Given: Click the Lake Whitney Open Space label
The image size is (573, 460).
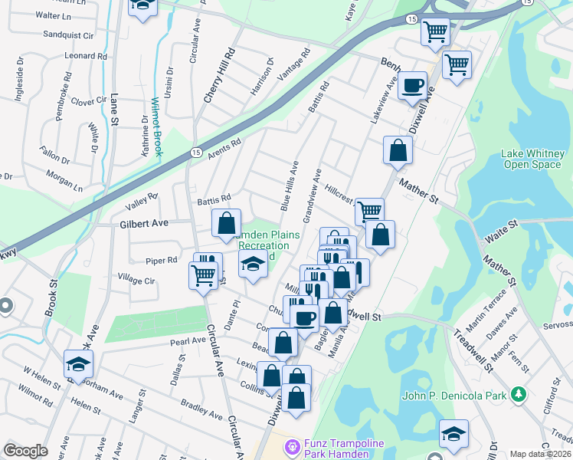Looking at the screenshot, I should pos(532,159).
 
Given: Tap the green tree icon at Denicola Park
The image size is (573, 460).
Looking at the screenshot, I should pos(519,394).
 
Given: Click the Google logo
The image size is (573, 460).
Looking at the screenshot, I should pos(25,451).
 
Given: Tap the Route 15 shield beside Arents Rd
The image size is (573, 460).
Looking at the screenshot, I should pos(196,153).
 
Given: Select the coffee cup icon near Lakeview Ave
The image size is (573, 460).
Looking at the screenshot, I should pos(413,86).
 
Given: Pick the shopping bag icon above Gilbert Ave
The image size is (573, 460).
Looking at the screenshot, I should pos(226,224).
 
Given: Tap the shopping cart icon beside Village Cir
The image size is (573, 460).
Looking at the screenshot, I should pos(203,274).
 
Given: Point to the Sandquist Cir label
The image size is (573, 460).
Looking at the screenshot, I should pos(68,35).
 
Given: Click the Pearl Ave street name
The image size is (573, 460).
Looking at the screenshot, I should pos(188,341).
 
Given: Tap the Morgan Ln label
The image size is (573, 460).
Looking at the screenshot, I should pos(64,179).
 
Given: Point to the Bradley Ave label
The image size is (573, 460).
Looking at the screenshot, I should pos(201,408).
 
